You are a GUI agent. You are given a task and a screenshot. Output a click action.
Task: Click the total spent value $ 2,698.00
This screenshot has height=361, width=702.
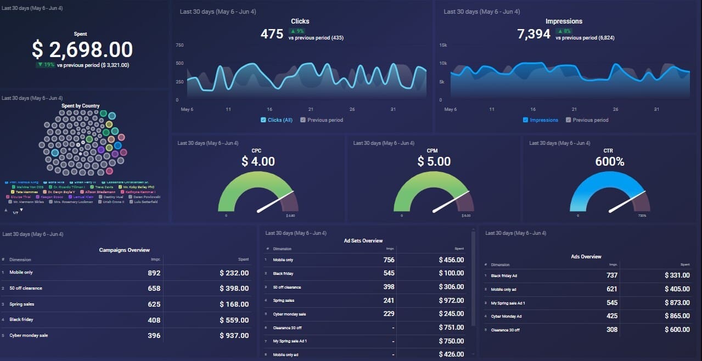click(82, 50)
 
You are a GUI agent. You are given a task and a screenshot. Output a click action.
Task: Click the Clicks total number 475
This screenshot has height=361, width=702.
click(272, 34)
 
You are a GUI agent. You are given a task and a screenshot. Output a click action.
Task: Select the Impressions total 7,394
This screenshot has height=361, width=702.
click(533, 34)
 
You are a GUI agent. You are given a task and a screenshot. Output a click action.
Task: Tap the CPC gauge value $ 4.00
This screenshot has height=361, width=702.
click(258, 161)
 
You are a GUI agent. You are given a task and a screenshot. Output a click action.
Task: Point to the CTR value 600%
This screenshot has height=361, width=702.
click(610, 161)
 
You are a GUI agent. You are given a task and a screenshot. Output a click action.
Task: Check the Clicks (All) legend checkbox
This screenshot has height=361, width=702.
click(263, 120)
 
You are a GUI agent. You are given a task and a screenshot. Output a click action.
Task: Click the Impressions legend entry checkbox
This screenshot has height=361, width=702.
click(526, 120)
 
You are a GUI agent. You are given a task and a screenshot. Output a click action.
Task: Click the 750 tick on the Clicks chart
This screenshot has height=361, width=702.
click(179, 45)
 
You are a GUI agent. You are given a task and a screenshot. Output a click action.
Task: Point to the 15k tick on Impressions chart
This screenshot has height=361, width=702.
click(443, 45)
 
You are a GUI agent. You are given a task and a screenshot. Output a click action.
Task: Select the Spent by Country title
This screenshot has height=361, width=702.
click(81, 106)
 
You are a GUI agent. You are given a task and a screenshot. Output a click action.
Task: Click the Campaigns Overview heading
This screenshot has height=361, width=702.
click(124, 250)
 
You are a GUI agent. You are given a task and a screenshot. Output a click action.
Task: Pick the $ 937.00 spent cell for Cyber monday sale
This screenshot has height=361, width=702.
click(234, 335)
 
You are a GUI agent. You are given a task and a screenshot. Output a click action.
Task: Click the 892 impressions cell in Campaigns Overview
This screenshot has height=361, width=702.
click(154, 273)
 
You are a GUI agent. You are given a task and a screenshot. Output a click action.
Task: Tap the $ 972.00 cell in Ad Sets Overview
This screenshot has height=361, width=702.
click(451, 301)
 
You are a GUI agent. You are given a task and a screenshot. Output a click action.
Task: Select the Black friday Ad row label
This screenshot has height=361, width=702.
click(504, 276)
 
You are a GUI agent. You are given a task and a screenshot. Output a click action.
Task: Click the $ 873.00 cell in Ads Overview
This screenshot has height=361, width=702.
click(677, 303)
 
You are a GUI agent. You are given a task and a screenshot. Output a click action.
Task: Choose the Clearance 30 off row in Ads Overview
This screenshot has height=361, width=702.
click(505, 330)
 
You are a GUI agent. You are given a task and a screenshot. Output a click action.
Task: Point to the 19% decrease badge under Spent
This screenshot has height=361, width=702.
click(46, 65)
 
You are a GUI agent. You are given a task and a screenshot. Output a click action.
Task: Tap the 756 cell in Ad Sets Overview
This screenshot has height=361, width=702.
click(389, 260)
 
